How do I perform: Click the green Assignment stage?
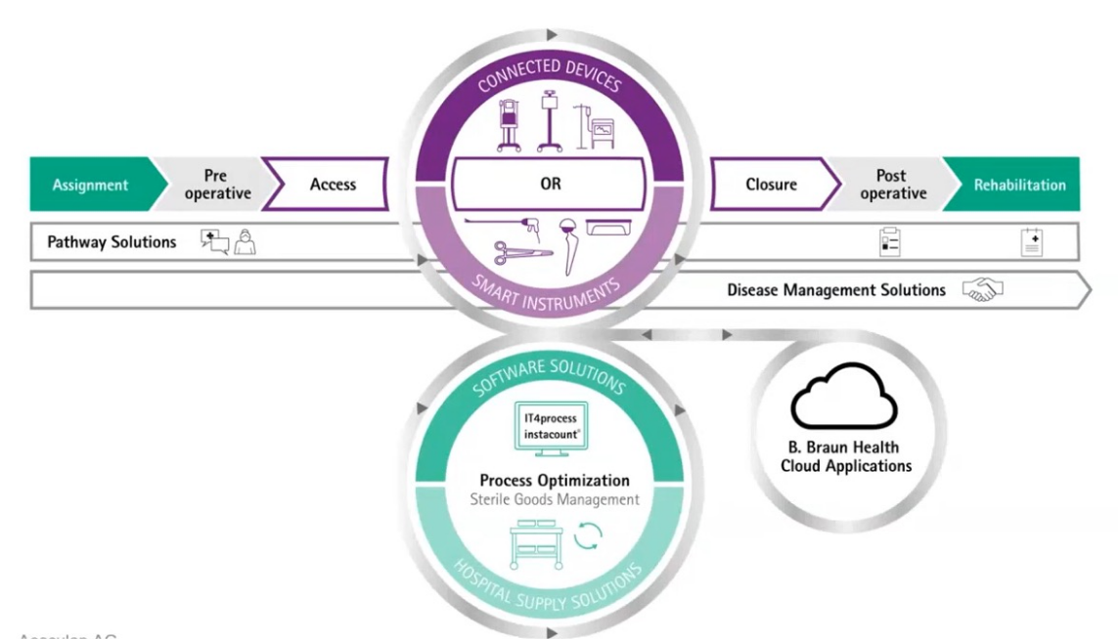tap(90, 185)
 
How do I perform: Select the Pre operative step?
tap(217, 185)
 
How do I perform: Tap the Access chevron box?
tap(333, 185)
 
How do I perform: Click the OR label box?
tap(551, 184)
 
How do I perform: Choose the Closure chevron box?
tap(772, 185)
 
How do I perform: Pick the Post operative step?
tap(893, 185)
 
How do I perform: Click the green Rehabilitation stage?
tap(1019, 185)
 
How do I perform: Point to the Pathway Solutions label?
tap(112, 242)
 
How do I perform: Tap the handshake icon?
tap(983, 290)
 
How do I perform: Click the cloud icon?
tap(843, 396)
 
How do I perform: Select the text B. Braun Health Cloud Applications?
tap(844, 457)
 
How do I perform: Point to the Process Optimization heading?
tap(555, 481)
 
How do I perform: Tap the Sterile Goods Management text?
tap(555, 499)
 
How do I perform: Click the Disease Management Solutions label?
tap(836, 290)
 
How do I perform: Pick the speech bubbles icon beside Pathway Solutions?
tap(214, 241)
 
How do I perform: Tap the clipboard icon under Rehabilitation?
tap(1032, 242)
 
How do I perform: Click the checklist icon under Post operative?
tap(889, 242)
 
